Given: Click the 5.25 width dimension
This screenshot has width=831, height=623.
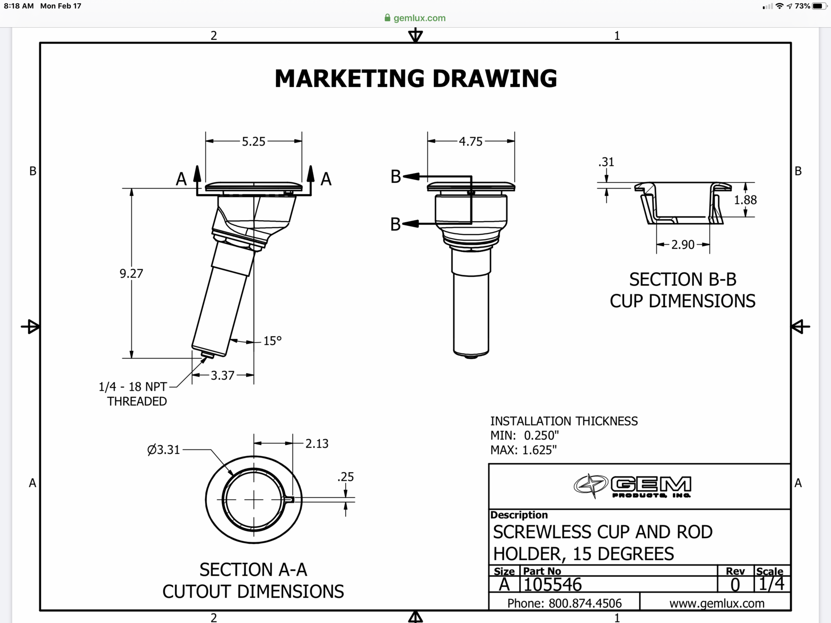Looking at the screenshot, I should pos(253,142).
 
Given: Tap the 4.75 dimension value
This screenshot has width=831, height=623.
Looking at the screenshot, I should pos(470,142).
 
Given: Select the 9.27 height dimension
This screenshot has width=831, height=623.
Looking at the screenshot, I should pos(131,273).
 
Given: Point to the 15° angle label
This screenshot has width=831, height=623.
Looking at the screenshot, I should pos(272,341).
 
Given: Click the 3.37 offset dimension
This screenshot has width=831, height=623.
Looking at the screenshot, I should pos(222,376).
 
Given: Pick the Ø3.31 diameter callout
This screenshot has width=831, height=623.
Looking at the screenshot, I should pos(164,450).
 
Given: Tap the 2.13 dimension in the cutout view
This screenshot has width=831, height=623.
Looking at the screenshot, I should pos(317,444).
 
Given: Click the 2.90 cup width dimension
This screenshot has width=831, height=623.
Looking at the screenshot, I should pos(683,245).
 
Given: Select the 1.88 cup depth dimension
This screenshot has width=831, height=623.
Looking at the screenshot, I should pos(745,200).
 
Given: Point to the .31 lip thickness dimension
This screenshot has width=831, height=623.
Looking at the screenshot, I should pos(606,162).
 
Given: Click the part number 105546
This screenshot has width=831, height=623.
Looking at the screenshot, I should pos(552,585).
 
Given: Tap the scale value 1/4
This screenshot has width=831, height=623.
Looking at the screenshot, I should pos(771,584).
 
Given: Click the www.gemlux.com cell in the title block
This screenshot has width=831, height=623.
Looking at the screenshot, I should pos(716,603).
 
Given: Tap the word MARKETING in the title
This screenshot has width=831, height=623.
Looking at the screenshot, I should pos(349,79).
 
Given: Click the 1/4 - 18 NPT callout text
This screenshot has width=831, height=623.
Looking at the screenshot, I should pos(133,387).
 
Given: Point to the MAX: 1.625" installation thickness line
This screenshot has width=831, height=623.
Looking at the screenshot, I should pos(523,450).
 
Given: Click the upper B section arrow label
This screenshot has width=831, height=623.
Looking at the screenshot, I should pos(396,177).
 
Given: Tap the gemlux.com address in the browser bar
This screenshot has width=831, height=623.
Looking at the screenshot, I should pos(419,18).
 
